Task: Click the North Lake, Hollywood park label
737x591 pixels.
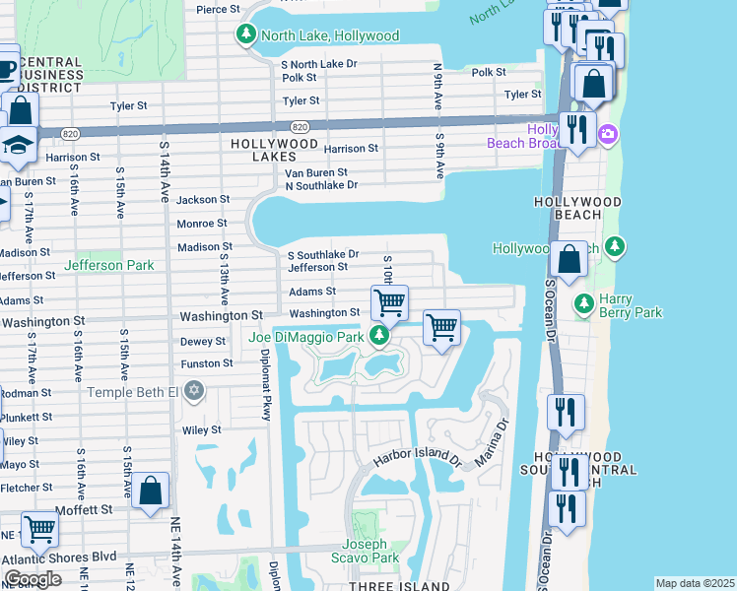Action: [329, 35]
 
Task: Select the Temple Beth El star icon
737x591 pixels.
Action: [194, 392]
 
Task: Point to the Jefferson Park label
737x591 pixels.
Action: [108, 265]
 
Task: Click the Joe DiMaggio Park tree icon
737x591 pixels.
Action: [379, 337]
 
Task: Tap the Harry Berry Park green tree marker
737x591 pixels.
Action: [583, 301]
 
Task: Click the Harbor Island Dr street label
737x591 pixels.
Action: [417, 459]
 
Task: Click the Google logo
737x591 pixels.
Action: [33, 579]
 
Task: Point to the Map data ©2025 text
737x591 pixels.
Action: [695, 583]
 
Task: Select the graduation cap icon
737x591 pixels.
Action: [18, 145]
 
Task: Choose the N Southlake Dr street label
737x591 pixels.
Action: [320, 185]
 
